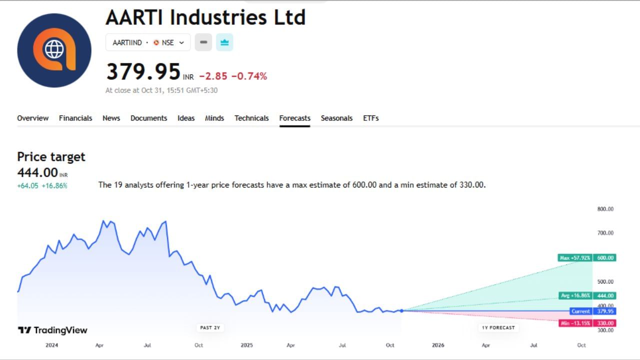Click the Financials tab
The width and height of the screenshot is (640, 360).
coord(75,118)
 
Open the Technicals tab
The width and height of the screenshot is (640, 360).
coord(251,118)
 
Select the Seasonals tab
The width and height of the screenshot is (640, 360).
coord(336,118)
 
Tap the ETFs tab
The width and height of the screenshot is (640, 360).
coord(370,118)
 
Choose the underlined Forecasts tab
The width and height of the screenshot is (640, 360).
coord(294,118)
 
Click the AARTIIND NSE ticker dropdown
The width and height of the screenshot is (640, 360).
coord(148,42)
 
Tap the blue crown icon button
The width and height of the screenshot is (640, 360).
coord(224,42)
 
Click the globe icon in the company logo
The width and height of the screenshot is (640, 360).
coord(54,49)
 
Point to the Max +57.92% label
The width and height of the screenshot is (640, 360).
coord(575,258)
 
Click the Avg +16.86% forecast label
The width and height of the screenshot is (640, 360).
coord(575,295)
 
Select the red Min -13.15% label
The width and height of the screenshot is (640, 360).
coord(575,323)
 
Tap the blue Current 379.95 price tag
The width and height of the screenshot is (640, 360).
coord(592,311)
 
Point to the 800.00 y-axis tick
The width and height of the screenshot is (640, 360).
coord(605,209)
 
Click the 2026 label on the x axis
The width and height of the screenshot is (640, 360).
coord(437,345)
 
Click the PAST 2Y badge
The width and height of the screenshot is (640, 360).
coord(210,328)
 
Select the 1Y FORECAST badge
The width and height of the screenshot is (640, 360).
coord(498,328)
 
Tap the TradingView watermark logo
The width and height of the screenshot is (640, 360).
coord(52,330)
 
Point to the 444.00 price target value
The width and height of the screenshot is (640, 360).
coord(37,172)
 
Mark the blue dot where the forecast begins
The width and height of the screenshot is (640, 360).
coord(401,310)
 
